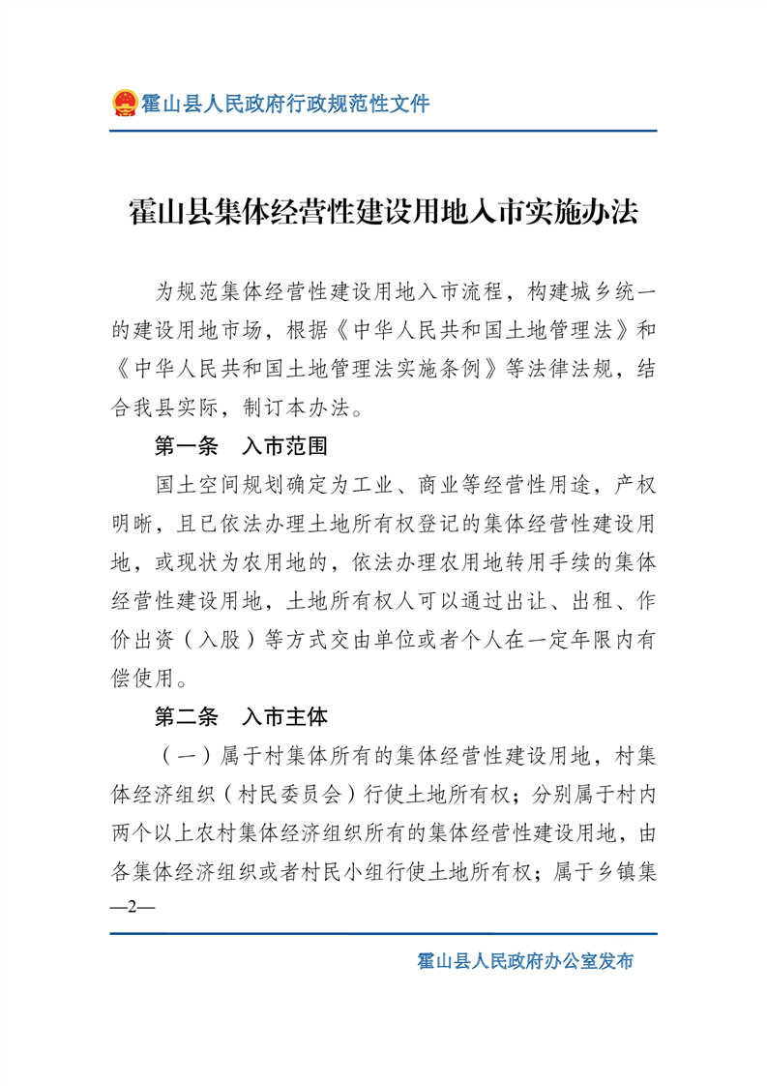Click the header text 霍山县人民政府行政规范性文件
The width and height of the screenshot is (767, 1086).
point(285,103)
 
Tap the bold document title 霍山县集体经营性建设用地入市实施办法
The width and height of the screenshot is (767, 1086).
point(384,212)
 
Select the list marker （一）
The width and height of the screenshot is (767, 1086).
point(185,756)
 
